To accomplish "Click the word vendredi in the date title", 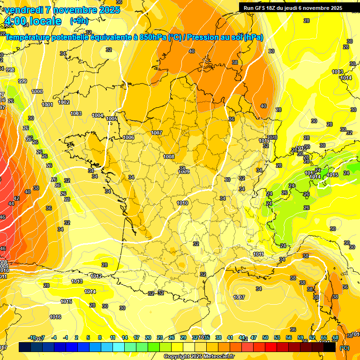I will (x=24, y=10).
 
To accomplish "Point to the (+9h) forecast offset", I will (x=79, y=21).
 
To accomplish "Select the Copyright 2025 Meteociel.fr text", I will (x=199, y=356).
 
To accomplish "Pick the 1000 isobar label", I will (x=37, y=91).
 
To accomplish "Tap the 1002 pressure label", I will (x=64, y=102).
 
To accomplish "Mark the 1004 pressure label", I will (x=97, y=115).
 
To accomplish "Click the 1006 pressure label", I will (x=128, y=137).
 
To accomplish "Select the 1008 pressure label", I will (x=169, y=157).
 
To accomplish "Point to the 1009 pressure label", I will (x=184, y=172).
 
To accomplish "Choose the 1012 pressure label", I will (x=97, y=276).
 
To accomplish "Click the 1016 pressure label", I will (x=55, y=317).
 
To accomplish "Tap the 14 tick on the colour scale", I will (x=125, y=337).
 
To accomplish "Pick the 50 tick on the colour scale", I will (x=265, y=337).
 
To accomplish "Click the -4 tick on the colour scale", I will (x=54, y=337).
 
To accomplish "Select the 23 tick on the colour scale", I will (x=160, y=337).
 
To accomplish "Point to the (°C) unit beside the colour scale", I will (x=344, y=348).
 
